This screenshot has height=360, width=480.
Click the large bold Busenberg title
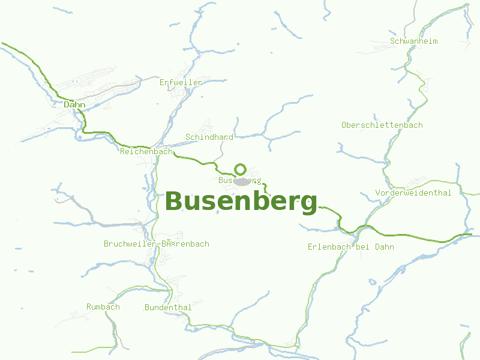241,202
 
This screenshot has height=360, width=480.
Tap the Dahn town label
74,105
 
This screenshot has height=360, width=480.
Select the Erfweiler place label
181,82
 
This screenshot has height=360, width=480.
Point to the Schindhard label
209,137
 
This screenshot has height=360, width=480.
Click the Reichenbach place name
146,152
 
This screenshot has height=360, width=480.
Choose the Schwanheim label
414,41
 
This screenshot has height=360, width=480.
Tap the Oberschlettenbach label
382,125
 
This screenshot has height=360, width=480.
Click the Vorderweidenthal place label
413,193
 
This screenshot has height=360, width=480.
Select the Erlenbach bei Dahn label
351,247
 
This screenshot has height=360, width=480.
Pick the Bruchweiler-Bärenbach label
157,244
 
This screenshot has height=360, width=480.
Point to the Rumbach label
103,307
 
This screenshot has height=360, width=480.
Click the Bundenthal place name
168,308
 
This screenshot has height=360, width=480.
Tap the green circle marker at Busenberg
241,169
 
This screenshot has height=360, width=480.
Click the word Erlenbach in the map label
330,247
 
